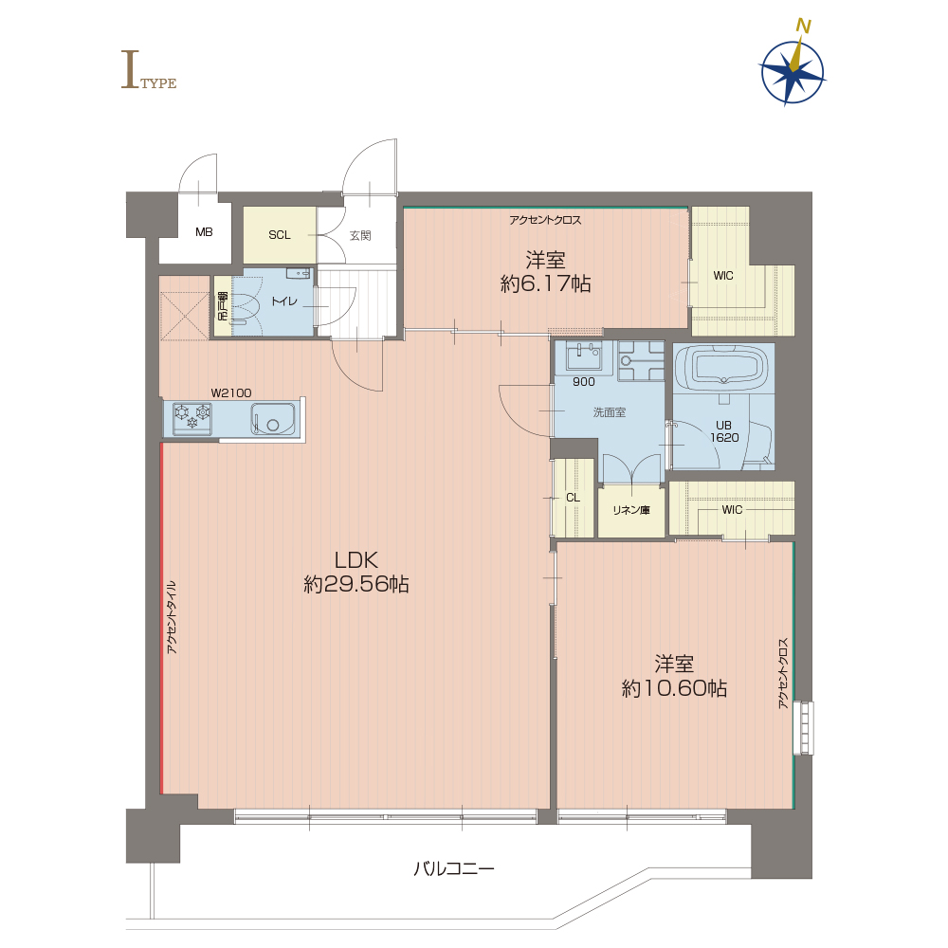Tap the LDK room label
click(356, 560)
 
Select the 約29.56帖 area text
click(356, 585)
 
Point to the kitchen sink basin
click(273, 419)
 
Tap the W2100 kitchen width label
click(231, 393)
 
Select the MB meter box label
click(204, 232)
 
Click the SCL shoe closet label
click(280, 235)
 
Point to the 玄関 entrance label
click(360, 235)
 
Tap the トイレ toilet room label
click(284, 301)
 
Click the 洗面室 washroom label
click(609, 412)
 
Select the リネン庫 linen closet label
click(631, 510)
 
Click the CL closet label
click(573, 498)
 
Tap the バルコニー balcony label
click(453, 868)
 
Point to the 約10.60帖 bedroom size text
click(674, 688)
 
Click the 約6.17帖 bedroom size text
click(545, 283)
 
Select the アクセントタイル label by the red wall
click(172, 617)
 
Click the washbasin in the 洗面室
click(583, 355)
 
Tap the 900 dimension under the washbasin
click(583, 382)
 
